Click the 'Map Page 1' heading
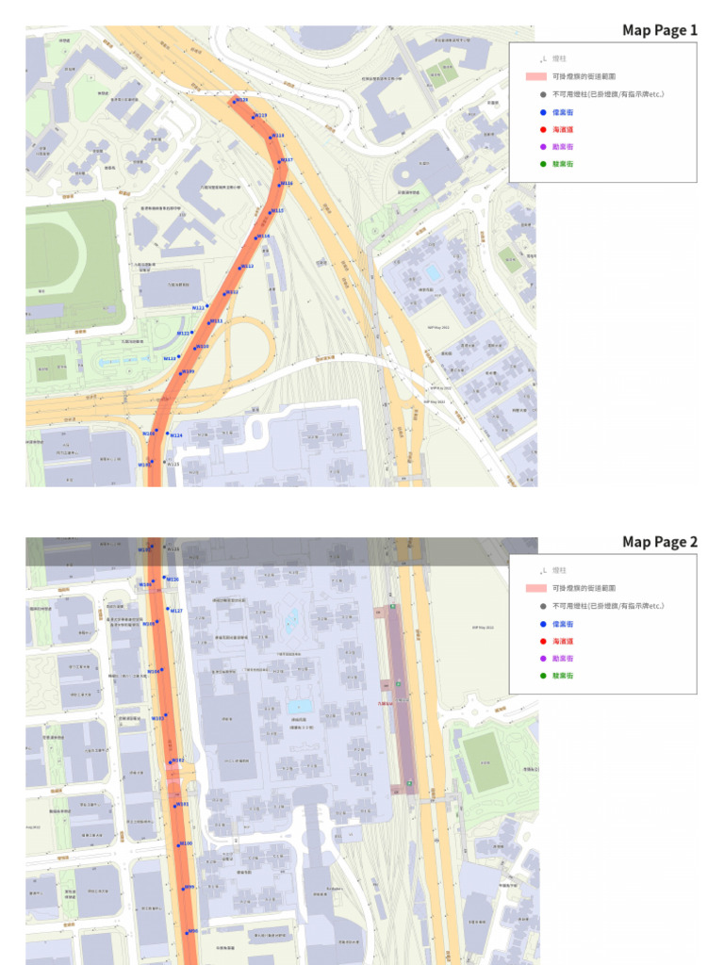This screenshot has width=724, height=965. point(660,30)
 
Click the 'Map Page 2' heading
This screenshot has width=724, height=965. point(660,542)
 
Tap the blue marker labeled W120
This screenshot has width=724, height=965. point(235,101)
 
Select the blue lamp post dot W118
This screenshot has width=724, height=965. point(271,138)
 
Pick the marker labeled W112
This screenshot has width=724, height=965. point(225,294)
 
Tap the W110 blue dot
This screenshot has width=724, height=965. point(195,348)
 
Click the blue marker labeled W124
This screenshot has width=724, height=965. point(168,434)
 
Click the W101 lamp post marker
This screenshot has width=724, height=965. point(175,805)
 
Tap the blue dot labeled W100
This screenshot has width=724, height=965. point(179,844)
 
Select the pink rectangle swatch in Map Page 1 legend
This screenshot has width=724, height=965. point(535,76)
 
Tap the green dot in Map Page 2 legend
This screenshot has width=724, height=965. point(544,676)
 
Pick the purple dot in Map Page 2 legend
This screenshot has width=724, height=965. point(544,659)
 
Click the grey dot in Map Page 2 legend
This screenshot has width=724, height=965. point(544,606)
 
